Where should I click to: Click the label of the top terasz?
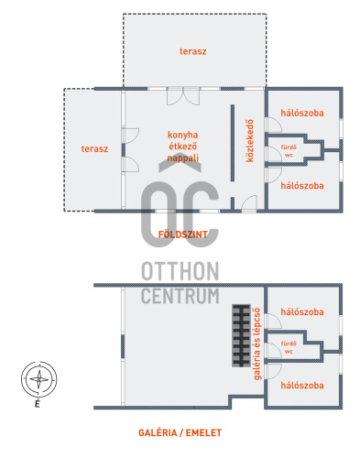[x=192, y=51]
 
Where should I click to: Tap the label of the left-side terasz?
[x=94, y=148]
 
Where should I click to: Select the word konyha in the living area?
[x=182, y=135]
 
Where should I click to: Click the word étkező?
[x=182, y=147]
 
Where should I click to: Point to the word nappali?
[x=182, y=158]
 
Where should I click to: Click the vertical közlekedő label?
[x=250, y=141]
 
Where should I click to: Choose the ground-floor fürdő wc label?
[x=289, y=151]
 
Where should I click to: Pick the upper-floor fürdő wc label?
[x=289, y=347]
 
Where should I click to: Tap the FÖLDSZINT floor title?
[x=183, y=234]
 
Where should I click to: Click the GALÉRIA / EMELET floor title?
[x=180, y=432]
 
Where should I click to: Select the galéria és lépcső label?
[x=257, y=343]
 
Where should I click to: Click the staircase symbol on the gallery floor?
[x=241, y=335]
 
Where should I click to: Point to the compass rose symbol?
[x=38, y=379]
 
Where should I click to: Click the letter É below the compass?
[x=38, y=404]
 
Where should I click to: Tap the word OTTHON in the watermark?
[x=180, y=271]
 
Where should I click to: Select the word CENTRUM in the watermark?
[x=180, y=296]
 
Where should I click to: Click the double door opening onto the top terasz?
[x=183, y=96]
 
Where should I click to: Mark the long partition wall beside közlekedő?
[x=233, y=143]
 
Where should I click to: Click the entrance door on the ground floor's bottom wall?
[x=249, y=203]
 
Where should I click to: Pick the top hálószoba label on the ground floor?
[x=302, y=113]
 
